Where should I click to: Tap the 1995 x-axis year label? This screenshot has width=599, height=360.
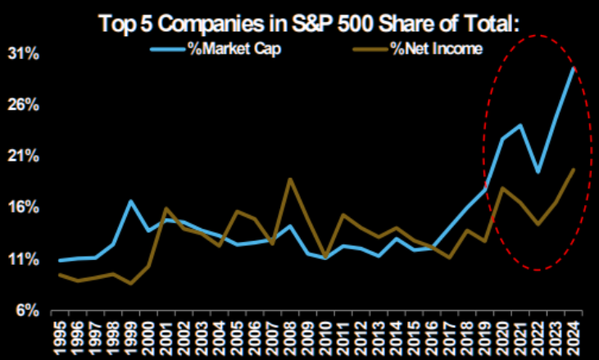(x=60, y=335)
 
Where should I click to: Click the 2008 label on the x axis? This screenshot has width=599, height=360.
(x=290, y=335)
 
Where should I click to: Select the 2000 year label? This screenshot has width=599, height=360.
(x=148, y=335)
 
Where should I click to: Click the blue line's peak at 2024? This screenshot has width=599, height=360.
(x=573, y=69)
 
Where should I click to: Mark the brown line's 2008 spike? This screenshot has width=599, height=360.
(x=289, y=179)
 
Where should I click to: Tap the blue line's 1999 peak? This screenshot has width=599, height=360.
(x=131, y=201)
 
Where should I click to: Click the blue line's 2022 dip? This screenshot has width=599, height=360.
(x=538, y=172)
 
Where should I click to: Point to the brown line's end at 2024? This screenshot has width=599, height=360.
(x=573, y=169)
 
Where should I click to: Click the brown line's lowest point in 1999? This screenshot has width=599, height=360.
(x=131, y=284)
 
